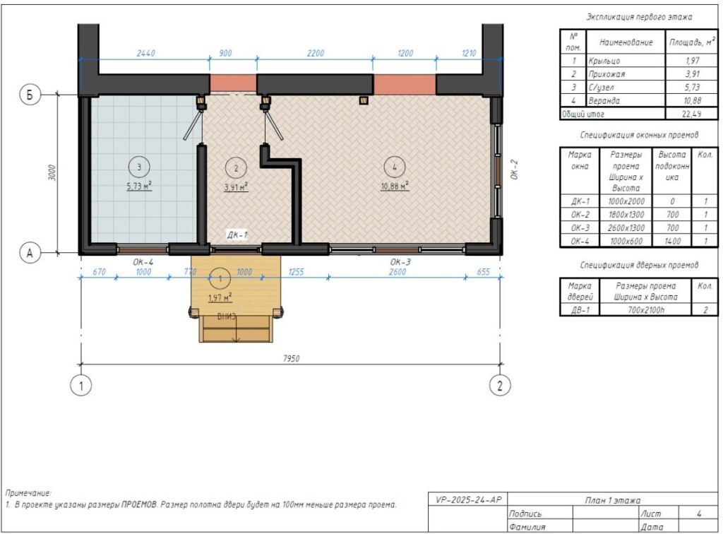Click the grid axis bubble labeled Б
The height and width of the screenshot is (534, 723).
click(x=30, y=95)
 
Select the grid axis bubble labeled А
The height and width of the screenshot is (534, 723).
click(x=30, y=253)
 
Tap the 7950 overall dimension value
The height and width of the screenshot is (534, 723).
click(x=292, y=358)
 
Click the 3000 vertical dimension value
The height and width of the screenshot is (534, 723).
click(x=52, y=173)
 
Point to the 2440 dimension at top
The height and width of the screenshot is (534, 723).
click(x=145, y=54)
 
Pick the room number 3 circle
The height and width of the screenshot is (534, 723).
click(x=139, y=167)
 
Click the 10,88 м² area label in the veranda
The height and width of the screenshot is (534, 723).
click(x=395, y=186)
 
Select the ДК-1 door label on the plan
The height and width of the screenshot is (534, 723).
click(x=237, y=235)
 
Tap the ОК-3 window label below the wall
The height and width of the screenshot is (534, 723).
click(x=400, y=262)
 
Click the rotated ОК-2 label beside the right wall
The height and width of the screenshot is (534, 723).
click(x=515, y=170)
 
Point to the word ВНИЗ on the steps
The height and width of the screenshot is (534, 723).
click(x=227, y=317)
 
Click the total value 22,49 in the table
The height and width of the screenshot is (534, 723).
click(x=692, y=114)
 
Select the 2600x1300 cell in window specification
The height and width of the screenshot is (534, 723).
click(x=626, y=228)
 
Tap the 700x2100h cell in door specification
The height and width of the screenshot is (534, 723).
click(x=645, y=310)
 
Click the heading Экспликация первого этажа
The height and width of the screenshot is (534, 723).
click(x=639, y=17)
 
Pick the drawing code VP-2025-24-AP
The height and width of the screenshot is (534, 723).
click(x=468, y=499)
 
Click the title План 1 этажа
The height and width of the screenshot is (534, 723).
click(x=612, y=500)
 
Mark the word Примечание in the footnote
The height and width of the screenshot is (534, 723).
click(x=28, y=493)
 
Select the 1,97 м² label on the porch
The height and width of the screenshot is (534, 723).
click(x=220, y=297)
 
